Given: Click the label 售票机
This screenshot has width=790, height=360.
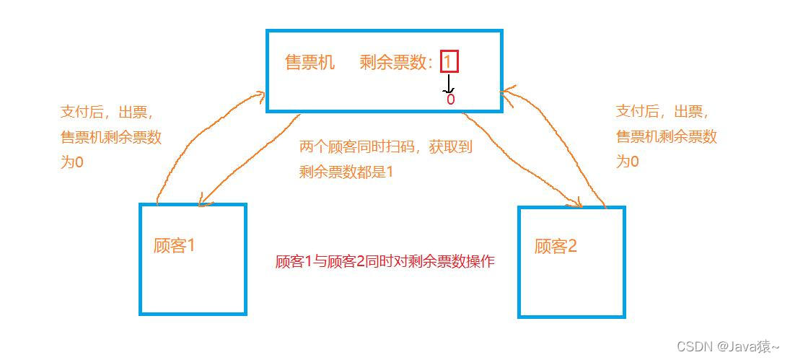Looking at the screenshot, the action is click(310, 63).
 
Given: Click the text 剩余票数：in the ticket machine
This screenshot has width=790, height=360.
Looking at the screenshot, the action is click(398, 63).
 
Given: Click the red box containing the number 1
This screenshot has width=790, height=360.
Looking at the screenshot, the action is click(449, 62).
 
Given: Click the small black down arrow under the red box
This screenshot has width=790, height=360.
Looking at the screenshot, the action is click(449, 84).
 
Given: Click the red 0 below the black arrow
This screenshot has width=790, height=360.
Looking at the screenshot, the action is click(451, 100).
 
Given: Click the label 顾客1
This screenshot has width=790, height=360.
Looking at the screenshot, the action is click(175, 245).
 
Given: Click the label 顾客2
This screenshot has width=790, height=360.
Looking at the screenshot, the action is click(556, 246).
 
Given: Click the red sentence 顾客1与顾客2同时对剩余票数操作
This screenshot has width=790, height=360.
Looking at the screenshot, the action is click(385, 262).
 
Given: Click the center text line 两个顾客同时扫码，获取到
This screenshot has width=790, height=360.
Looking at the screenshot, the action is click(385, 148).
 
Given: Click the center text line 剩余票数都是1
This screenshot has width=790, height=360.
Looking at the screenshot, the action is click(346, 172).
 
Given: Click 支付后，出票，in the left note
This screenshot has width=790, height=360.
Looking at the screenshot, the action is click(107, 112).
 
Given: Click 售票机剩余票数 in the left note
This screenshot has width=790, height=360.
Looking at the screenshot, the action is click(111, 137).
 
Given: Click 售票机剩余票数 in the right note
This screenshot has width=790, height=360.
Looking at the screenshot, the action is click(667, 137).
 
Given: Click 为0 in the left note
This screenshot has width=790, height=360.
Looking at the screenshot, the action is click(71, 162).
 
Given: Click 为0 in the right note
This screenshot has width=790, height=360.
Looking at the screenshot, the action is click(627, 162).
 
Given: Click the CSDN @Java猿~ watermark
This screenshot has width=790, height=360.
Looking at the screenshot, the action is click(728, 347).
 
